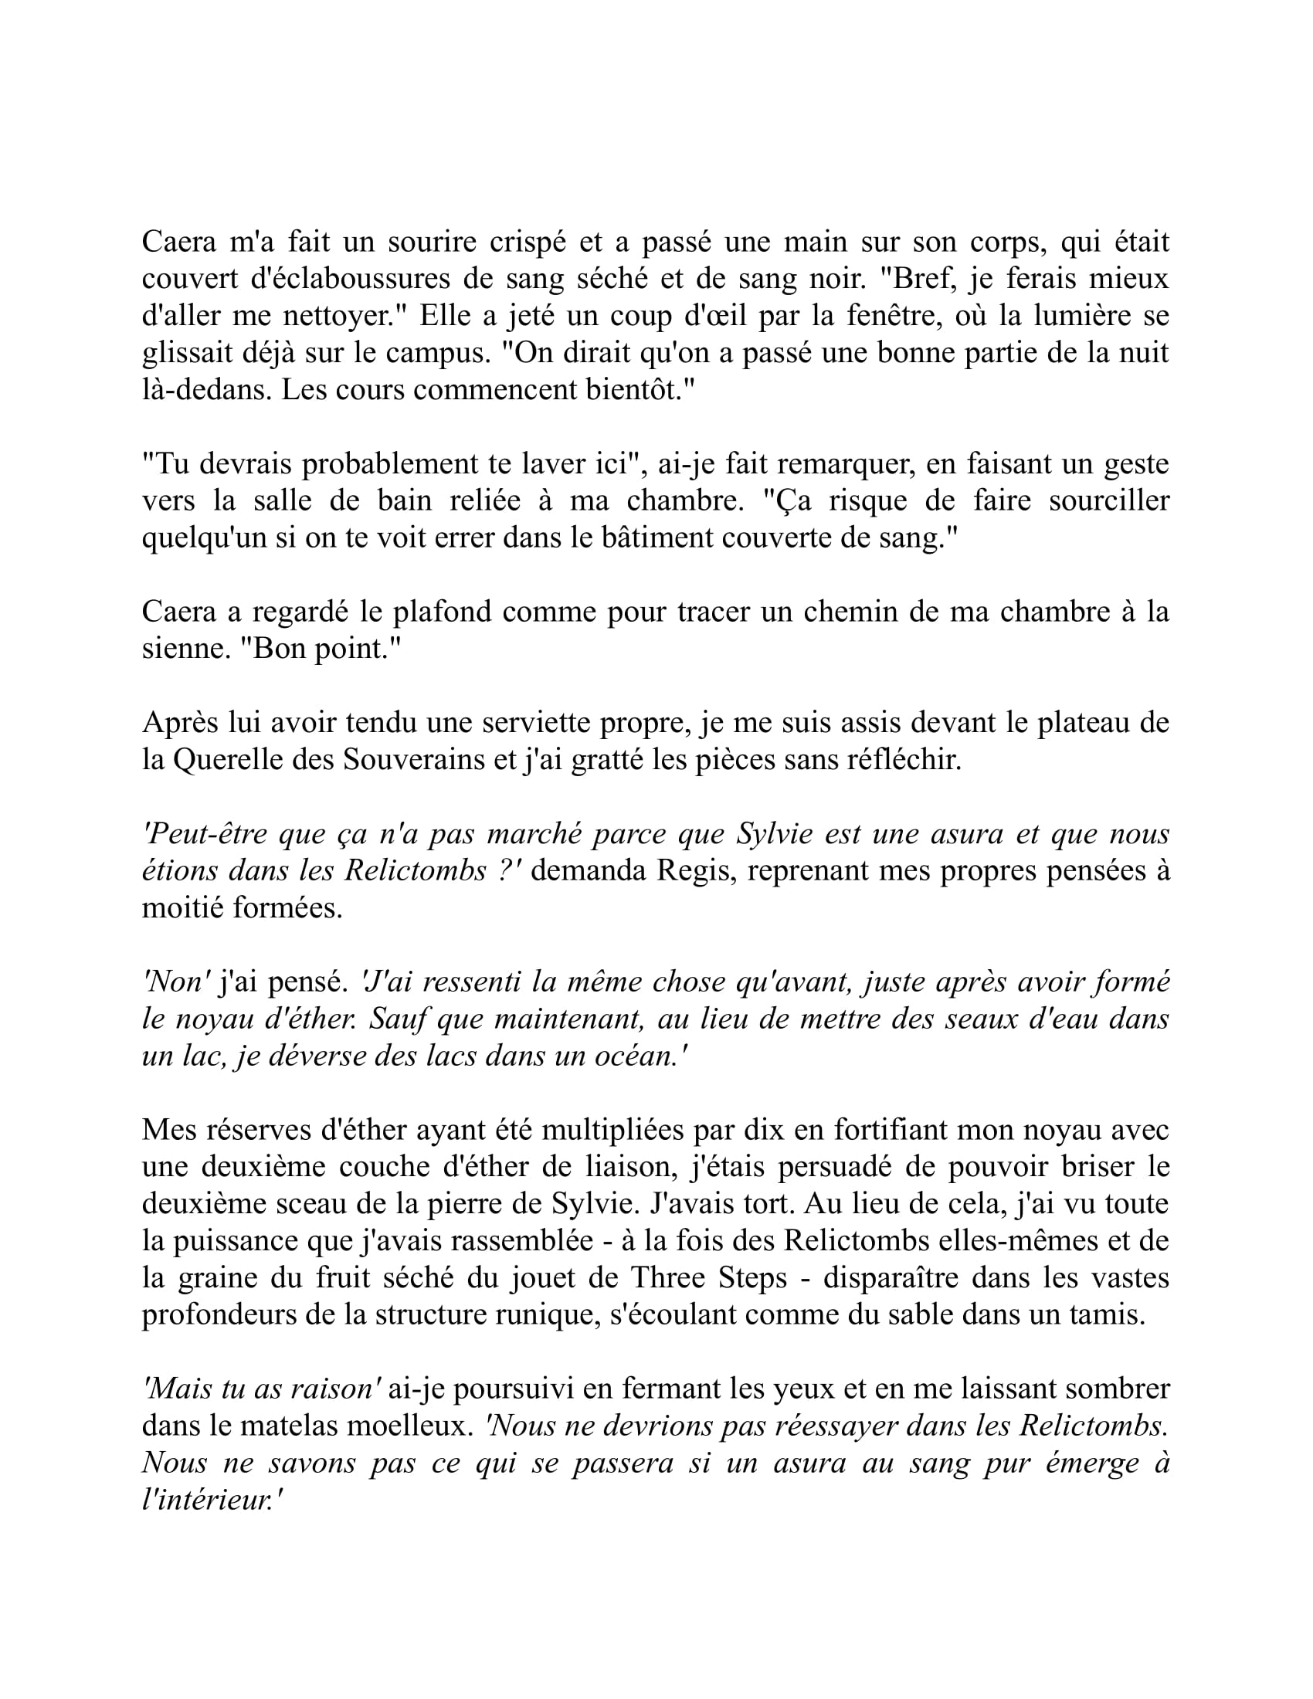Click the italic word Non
tap(178, 982)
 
